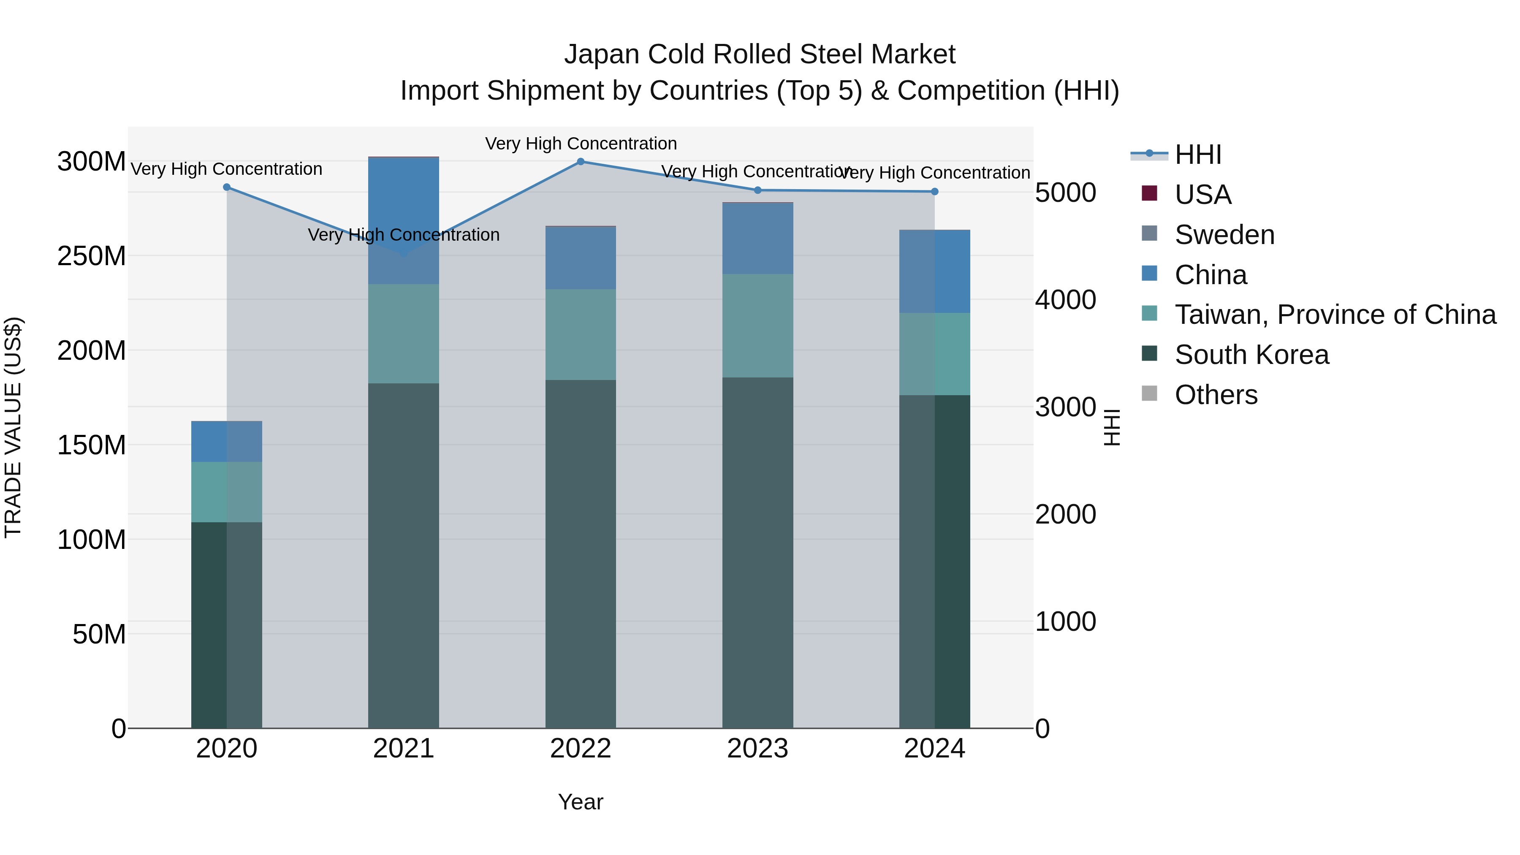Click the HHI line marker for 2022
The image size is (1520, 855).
pos(581,162)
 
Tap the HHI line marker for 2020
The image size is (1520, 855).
pos(227,187)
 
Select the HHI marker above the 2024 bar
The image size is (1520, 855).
pos(935,192)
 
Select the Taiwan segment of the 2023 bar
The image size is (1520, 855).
pos(757,326)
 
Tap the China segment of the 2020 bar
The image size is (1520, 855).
pos(227,441)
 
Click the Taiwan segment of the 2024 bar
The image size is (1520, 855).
pos(935,354)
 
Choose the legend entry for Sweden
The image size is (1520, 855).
pos(1224,235)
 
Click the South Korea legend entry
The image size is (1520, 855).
pos(1251,355)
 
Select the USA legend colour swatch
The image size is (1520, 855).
pos(1149,193)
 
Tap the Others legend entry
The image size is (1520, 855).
pos(1216,395)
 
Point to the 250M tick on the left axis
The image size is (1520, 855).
pos(92,256)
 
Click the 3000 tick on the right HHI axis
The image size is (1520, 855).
pos(1066,407)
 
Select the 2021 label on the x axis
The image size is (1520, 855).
pos(404,748)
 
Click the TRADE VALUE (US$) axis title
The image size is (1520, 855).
pos(13,427)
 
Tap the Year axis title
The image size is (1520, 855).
pos(581,802)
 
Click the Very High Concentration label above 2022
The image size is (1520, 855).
pos(581,144)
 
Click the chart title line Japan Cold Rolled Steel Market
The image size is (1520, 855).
pos(760,54)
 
